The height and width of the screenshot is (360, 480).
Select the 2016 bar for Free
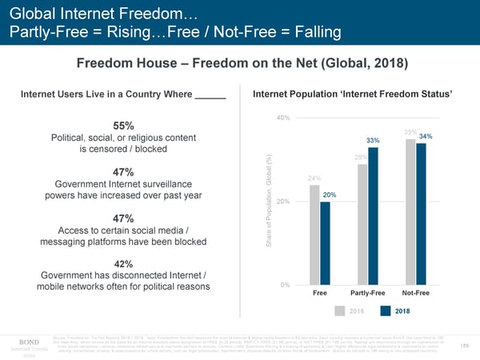[x=314, y=234]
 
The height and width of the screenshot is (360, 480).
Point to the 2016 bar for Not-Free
[x=410, y=212]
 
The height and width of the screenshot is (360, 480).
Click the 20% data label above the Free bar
[x=328, y=195]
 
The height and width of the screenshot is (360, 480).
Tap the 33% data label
[x=373, y=141]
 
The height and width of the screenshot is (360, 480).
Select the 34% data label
[x=426, y=136]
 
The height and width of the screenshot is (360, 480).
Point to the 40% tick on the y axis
[x=282, y=119]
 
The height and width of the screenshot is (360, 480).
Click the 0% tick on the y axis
[x=284, y=286]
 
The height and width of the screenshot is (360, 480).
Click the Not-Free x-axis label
[x=416, y=294]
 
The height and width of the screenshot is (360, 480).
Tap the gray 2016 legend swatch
[x=340, y=311]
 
